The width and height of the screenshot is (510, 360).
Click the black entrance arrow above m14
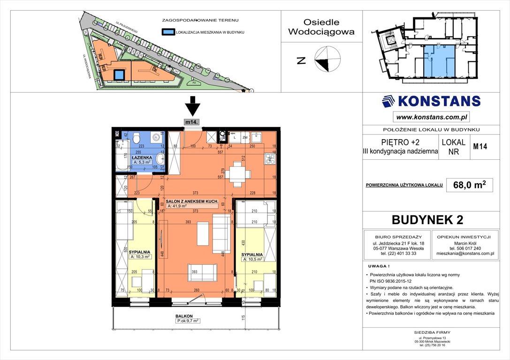[191, 106]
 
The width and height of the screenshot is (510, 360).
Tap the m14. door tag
[191, 122]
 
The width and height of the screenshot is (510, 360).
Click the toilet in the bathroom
[137, 138]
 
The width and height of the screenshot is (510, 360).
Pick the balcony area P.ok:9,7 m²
[188, 321]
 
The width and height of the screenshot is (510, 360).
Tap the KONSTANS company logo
[431, 101]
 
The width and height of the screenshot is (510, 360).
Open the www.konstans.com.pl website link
[431, 117]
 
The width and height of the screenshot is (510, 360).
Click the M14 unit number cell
[480, 146]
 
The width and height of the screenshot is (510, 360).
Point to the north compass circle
[327, 60]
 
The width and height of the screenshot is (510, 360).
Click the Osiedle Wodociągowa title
[321, 27]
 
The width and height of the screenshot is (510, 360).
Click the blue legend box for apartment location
[167, 32]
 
